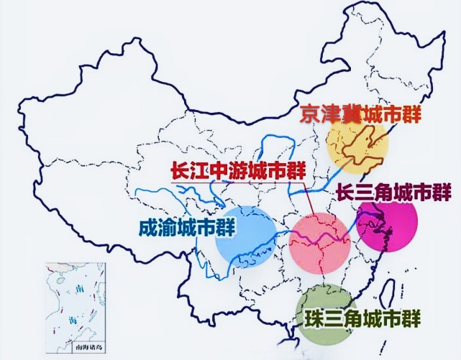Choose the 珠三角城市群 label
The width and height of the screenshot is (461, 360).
click(x=360, y=317)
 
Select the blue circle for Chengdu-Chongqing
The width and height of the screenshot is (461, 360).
click(x=245, y=235)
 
